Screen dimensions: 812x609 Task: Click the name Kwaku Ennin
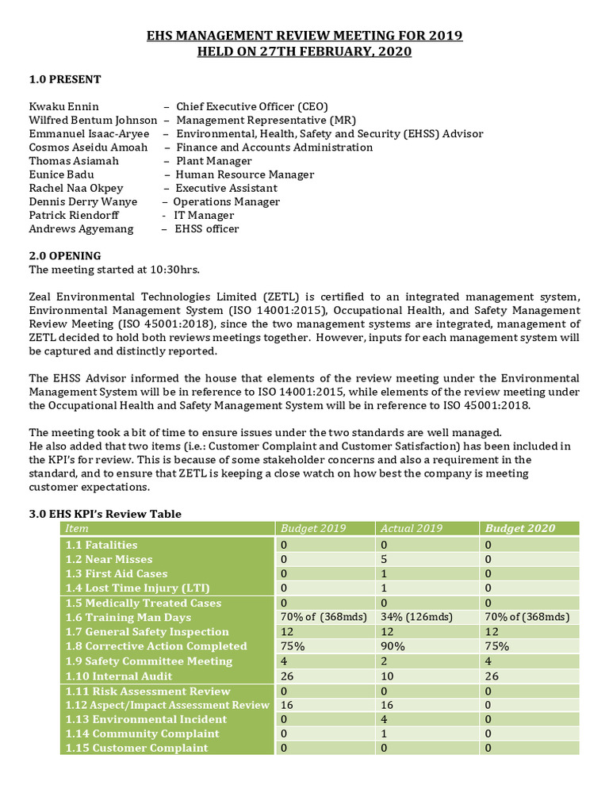pos(64,106)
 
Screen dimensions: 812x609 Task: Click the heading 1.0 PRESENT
pos(65,79)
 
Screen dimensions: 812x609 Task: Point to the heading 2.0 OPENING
pos(65,256)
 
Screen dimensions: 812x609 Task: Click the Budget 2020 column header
pos(520,529)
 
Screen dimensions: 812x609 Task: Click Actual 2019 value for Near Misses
pos(384,559)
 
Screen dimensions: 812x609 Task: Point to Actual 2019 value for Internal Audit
pos(388,676)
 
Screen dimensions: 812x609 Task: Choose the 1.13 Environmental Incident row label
pos(146,719)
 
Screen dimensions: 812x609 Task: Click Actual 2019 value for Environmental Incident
pos(384,719)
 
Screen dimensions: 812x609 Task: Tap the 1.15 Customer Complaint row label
pos(137,748)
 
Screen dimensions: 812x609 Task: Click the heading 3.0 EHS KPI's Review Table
pos(105,514)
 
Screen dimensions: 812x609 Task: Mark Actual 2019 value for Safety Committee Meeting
pos(384,661)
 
